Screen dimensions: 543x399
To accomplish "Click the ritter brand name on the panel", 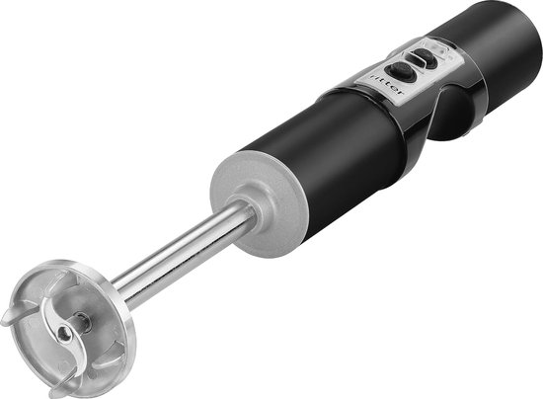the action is (x=386, y=85).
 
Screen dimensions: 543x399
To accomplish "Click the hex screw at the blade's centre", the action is (x=63, y=332).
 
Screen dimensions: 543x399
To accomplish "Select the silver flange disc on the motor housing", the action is (x=257, y=204).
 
